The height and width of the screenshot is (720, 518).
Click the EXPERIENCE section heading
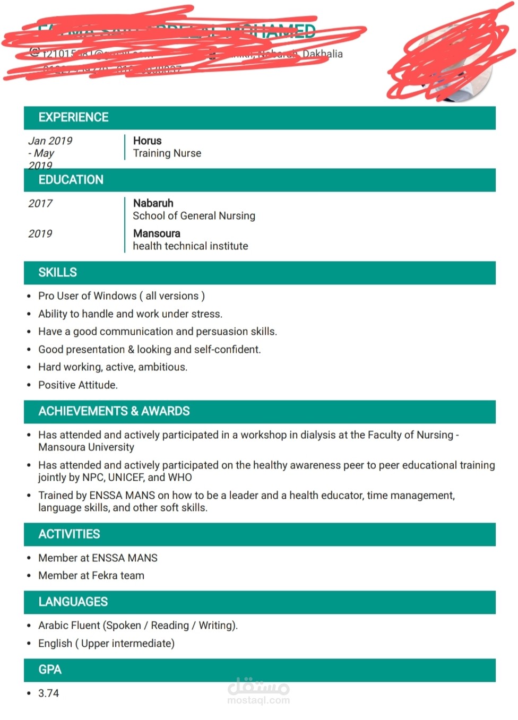tap(73, 117)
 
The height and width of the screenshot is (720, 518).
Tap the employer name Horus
tap(147, 141)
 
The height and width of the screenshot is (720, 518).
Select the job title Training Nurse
tap(167, 153)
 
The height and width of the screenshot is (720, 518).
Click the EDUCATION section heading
tap(71, 180)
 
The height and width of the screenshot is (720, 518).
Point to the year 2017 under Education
tap(40, 203)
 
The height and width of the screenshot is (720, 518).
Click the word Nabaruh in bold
tap(153, 203)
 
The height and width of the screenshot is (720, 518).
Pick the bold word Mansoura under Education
tap(157, 233)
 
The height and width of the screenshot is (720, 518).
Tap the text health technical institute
tap(190, 246)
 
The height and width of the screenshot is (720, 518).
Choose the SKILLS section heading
tap(57, 273)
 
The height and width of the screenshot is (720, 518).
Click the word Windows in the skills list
tap(115, 296)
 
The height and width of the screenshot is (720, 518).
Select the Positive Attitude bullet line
tap(77, 385)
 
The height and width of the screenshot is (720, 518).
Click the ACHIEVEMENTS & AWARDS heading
tap(114, 411)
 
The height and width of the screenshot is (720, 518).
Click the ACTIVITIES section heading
tap(69, 534)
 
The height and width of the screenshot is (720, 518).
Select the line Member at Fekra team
tap(91, 576)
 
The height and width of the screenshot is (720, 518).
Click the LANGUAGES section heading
tap(73, 602)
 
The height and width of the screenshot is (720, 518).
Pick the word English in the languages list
tap(55, 644)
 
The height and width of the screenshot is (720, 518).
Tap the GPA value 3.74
tap(48, 693)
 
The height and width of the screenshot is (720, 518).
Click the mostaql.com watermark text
tap(258, 700)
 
